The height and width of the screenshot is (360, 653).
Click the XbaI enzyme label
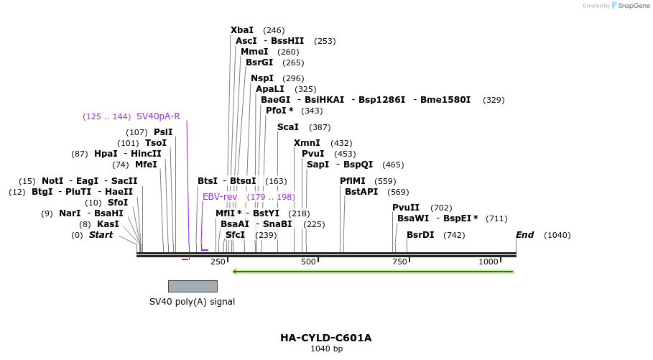242,30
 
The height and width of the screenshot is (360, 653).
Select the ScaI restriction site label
287,127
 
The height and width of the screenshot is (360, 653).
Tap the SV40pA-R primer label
158,116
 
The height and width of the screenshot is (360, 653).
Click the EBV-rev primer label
219,197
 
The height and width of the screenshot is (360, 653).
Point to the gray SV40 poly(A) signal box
193,286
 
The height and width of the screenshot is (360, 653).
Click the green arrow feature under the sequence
373,272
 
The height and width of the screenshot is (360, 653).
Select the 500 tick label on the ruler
309,262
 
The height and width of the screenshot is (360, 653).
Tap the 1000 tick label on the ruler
488,262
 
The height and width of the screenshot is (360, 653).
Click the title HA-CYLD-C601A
326,338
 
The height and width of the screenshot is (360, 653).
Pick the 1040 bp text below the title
326,349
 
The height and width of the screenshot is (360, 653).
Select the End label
524,235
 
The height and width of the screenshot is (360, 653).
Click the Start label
101,235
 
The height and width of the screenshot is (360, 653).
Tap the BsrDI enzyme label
420,235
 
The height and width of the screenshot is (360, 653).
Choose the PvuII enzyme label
406,208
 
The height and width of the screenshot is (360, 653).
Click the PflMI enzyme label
353,181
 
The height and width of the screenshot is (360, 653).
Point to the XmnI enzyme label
307,143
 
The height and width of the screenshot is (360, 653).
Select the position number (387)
320,127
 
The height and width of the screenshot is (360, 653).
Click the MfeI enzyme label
146,165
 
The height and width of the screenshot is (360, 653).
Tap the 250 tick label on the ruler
218,262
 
